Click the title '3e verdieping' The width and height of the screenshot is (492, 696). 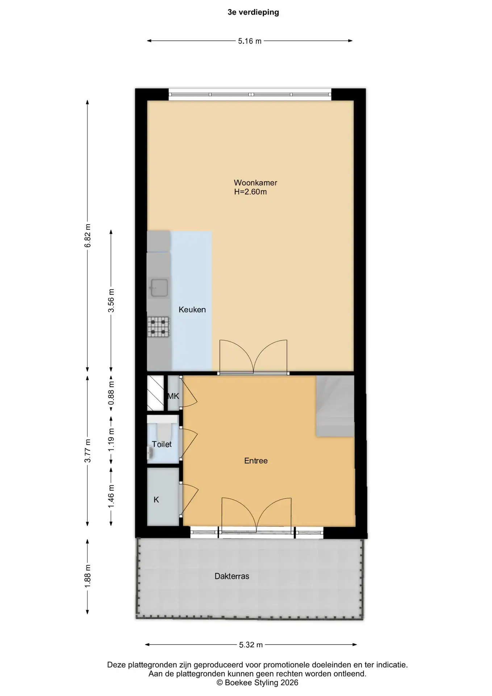(x=253, y=12)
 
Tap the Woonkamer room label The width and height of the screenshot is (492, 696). (x=255, y=183)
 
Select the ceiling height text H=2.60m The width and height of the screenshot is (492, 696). (x=250, y=192)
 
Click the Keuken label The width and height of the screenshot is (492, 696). (x=192, y=310)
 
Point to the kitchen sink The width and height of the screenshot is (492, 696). (x=159, y=287)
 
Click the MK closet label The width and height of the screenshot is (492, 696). (x=173, y=396)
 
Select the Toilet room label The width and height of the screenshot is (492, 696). (x=162, y=444)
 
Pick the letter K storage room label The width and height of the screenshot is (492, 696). (x=157, y=500)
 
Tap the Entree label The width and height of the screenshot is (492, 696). (x=256, y=461)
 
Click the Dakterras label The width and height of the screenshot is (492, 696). (x=232, y=576)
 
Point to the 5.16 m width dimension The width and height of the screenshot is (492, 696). (x=250, y=41)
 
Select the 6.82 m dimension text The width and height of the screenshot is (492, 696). (x=87, y=236)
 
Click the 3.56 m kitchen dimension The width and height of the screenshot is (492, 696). (x=111, y=301)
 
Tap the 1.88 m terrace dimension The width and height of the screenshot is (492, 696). (x=87, y=576)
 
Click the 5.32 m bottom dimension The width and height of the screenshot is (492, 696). (x=251, y=645)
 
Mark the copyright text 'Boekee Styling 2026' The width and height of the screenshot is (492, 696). (x=262, y=683)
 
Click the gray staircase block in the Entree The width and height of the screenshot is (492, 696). (x=335, y=406)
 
